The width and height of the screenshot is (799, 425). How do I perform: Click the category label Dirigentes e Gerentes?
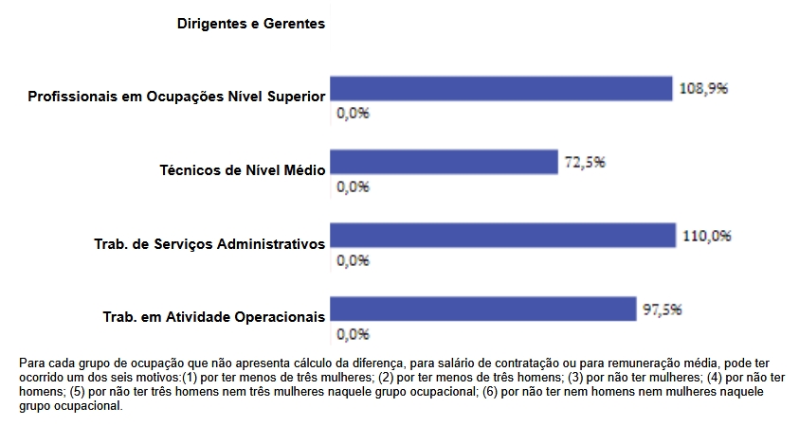click(x=251, y=24)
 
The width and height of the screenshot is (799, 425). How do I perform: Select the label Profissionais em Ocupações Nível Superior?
click(x=177, y=97)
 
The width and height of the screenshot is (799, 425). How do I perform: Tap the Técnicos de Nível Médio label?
click(x=243, y=170)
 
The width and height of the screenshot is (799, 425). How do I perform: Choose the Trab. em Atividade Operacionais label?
click(x=214, y=317)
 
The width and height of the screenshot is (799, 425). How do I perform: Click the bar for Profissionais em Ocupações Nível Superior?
click(x=500, y=88)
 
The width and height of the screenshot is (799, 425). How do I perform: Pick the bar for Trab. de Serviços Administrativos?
click(x=501, y=235)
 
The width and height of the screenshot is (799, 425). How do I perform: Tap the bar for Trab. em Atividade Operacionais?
click(x=482, y=309)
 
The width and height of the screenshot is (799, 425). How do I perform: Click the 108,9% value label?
click(x=703, y=88)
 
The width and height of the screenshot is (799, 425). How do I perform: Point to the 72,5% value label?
click(x=585, y=162)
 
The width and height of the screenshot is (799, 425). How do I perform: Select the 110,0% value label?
click(x=706, y=236)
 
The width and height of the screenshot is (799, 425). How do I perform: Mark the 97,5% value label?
click(x=663, y=310)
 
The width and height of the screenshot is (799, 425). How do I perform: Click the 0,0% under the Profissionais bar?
click(x=353, y=113)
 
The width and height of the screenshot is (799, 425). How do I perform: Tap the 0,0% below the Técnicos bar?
click(x=353, y=186)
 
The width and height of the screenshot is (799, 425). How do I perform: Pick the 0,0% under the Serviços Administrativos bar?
click(x=353, y=260)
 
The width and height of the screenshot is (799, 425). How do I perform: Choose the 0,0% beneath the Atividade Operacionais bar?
click(x=353, y=334)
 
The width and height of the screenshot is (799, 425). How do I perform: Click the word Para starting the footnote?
click(x=32, y=363)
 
